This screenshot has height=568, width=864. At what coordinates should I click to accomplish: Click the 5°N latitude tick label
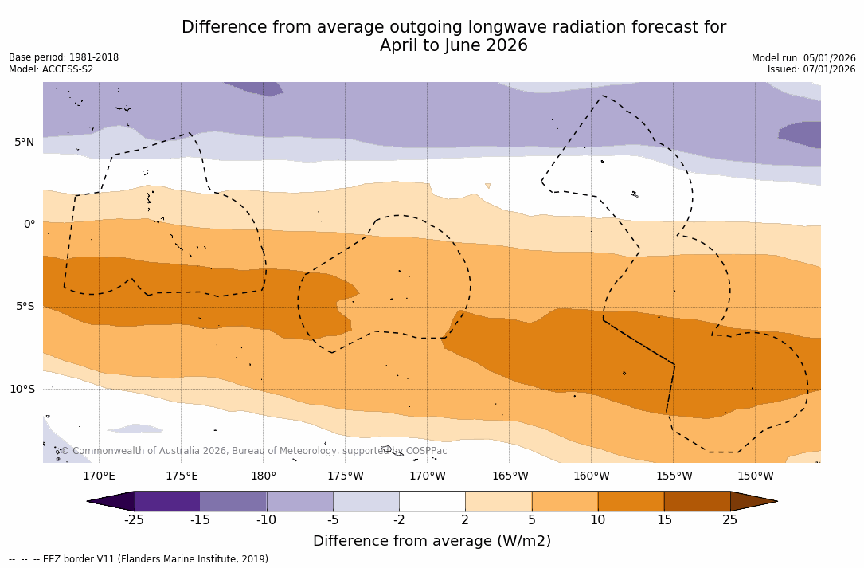(x=24, y=143)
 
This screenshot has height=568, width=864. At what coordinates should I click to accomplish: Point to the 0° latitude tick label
(x=29, y=225)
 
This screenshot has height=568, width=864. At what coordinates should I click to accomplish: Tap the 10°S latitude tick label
(x=22, y=390)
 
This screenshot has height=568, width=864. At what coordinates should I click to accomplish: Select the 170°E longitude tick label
(x=99, y=476)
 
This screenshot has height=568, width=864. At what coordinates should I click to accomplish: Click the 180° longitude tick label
(x=264, y=476)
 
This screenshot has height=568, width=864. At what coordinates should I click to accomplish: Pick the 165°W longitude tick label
(x=510, y=476)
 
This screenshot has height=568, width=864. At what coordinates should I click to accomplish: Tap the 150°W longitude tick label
(x=756, y=476)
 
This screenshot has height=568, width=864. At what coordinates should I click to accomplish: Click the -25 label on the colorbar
(x=134, y=520)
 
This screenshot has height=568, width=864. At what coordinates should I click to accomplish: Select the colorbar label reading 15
(x=663, y=520)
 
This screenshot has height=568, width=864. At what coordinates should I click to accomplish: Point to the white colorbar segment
(x=432, y=501)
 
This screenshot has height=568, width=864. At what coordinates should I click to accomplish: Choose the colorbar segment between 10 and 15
(x=631, y=501)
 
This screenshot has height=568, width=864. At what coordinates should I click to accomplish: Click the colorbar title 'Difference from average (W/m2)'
(x=432, y=541)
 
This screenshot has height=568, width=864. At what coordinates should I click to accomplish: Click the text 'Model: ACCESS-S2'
(x=51, y=69)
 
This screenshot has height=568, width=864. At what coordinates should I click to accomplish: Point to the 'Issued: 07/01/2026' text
(x=811, y=69)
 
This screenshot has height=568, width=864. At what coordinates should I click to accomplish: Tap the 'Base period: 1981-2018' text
(x=64, y=57)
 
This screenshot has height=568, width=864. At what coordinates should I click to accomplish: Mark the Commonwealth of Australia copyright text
(x=253, y=451)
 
